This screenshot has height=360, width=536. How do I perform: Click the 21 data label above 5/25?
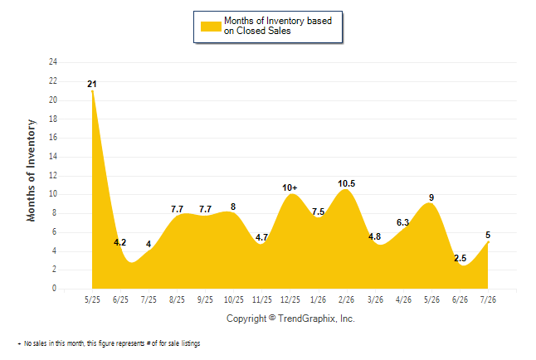(92, 84)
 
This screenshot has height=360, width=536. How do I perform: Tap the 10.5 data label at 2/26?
(346, 183)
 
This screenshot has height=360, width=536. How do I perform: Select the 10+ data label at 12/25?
(290, 187)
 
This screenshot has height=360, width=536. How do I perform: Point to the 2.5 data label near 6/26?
(460, 258)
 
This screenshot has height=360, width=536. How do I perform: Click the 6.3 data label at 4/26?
(402, 222)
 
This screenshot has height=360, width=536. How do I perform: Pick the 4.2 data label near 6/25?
(119, 242)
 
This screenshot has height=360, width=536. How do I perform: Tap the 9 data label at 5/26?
(431, 197)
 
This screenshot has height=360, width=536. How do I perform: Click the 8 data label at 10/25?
(233, 207)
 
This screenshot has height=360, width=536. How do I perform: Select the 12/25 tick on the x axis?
(290, 299)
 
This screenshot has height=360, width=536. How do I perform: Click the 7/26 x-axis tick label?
(488, 299)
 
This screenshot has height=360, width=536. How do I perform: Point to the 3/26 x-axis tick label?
(375, 299)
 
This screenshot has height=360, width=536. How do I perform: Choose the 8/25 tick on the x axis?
(177, 299)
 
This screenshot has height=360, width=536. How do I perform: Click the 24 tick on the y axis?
(53, 62)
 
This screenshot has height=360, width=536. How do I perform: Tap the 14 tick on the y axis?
(53, 157)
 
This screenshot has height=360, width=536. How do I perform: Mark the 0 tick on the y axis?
(55, 288)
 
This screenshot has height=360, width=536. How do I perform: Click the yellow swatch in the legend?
(211, 27)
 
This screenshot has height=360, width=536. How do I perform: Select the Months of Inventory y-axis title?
(31, 170)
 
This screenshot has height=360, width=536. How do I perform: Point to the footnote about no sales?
(109, 343)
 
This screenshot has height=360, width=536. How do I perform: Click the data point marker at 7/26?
(488, 242)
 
